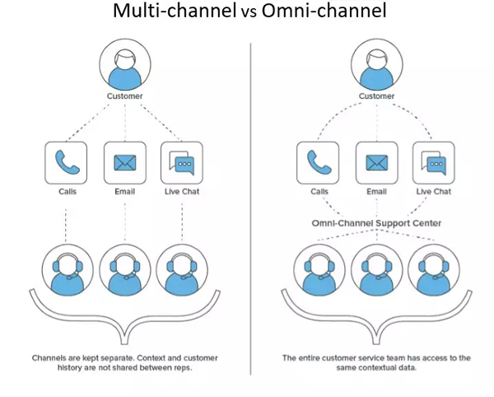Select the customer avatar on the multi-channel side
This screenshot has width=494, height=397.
[125, 64]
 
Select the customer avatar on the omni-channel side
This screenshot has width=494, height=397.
[377, 64]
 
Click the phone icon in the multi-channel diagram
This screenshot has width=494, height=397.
[66, 161]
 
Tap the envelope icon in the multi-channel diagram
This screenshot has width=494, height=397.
[125, 161]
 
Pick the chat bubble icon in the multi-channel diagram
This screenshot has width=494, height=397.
[181, 161]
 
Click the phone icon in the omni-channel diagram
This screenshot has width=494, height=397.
[319, 161]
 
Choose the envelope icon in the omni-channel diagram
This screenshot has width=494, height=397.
[377, 161]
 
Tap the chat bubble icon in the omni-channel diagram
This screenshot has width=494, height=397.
[434, 161]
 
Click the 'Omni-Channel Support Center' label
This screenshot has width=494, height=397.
[377, 222]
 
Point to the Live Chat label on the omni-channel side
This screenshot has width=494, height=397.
[434, 191]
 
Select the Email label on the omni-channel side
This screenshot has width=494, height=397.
[377, 191]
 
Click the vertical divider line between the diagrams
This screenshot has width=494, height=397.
[250, 206]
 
